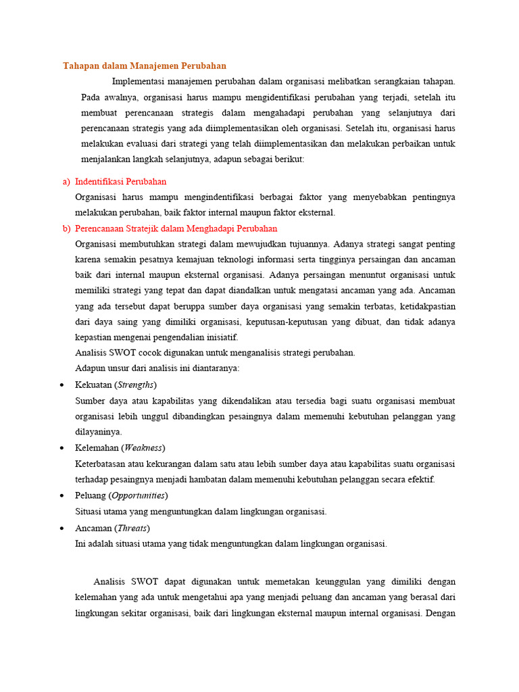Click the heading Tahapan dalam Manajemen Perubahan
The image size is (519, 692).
tap(145, 66)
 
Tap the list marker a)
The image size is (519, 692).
tap(66, 182)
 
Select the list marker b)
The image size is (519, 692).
tap(66, 228)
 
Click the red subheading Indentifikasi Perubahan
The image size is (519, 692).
tap(121, 182)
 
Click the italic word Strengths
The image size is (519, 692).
tap(136, 385)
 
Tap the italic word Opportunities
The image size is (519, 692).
tap(139, 495)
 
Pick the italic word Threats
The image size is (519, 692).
tap(132, 527)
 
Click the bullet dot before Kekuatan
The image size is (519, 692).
tap(61, 385)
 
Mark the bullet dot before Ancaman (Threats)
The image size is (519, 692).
tap(61, 528)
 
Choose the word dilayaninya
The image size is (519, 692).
tap(99, 432)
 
